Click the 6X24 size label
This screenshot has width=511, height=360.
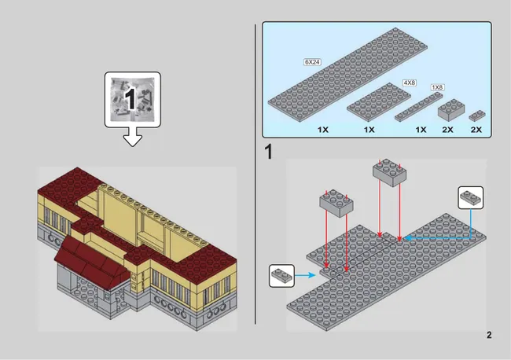coord(312,62)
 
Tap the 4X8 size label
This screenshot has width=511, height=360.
coord(410,83)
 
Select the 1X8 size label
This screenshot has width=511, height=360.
coord(437,87)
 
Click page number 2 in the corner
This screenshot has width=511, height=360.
coord(489,335)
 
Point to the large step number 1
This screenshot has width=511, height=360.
coord(268,152)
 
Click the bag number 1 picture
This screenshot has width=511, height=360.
coord(132,99)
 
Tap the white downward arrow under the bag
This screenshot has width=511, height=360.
coord(132,137)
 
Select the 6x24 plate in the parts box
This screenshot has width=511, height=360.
coord(347,75)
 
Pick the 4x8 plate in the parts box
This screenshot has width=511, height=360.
coord(378,102)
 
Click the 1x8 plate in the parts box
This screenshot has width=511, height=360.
coord(419,107)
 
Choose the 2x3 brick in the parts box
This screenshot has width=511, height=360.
coord(451,110)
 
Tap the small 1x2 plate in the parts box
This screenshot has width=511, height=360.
coord(477,116)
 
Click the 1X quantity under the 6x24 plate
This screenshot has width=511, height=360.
coord(323,130)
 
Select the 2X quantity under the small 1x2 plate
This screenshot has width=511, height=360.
coord(476,130)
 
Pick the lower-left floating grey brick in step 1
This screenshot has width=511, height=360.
coord(336,204)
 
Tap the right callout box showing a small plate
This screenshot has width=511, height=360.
coord(471,198)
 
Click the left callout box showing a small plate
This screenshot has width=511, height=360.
coord(282,276)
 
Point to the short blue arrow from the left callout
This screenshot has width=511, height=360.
coord(305,275)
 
